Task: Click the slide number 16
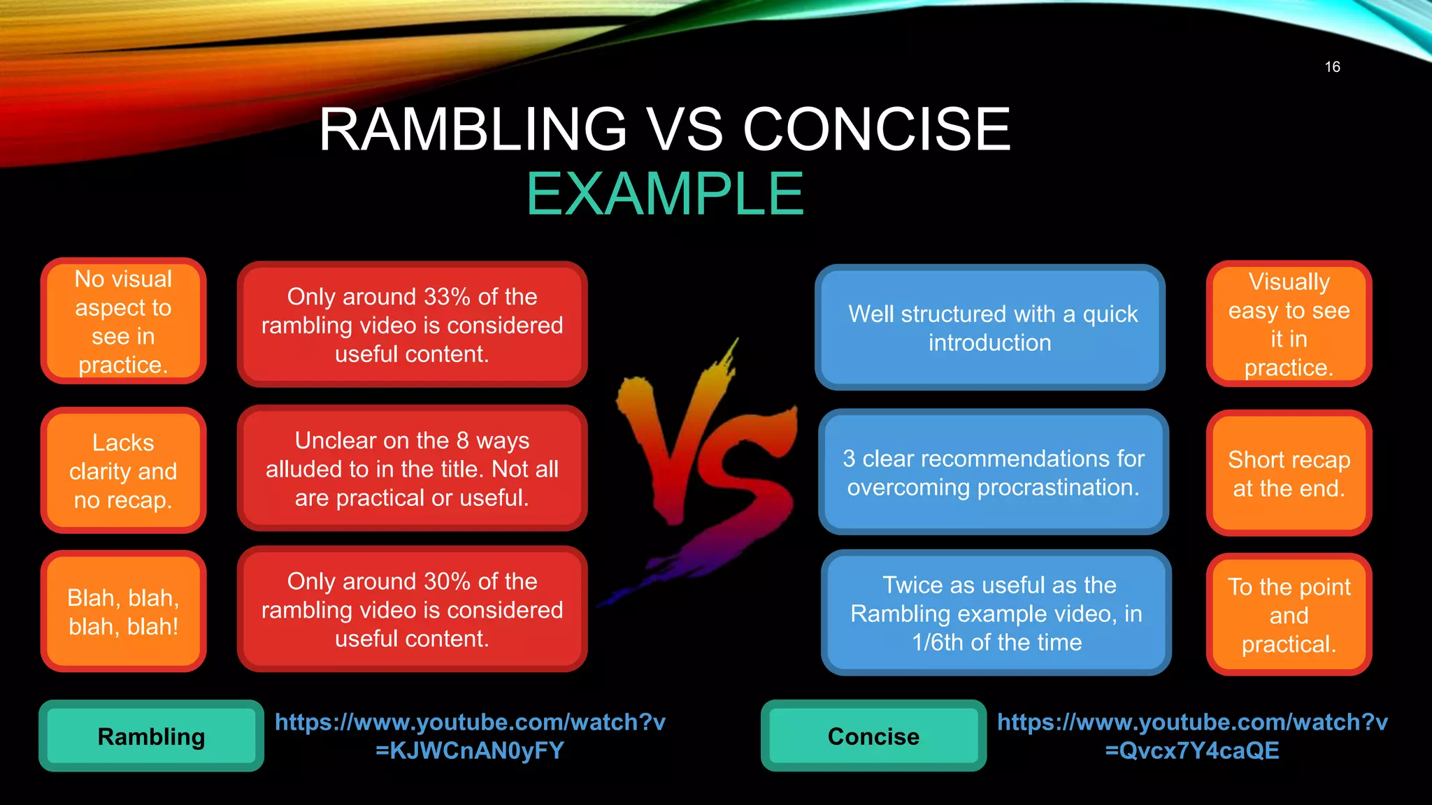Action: [x=1332, y=67]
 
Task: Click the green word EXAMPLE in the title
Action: [x=665, y=194]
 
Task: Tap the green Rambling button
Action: [x=151, y=736]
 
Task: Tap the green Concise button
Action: [x=873, y=736]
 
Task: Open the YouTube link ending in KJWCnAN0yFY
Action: [x=470, y=736]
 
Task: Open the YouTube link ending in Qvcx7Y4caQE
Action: [x=1192, y=736]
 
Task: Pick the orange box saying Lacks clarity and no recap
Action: [x=123, y=470]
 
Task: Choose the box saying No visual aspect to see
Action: [x=123, y=321]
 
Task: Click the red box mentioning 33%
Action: [x=412, y=325]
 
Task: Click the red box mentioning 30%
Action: [x=412, y=609]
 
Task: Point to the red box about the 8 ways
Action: [x=412, y=468]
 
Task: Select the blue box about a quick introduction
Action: [x=990, y=328]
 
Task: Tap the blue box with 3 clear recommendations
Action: [x=993, y=472]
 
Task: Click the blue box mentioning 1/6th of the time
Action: [x=996, y=613]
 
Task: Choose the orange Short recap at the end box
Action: [x=1289, y=473]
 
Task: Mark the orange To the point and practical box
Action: [x=1289, y=614]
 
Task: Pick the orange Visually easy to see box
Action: [x=1289, y=324]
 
